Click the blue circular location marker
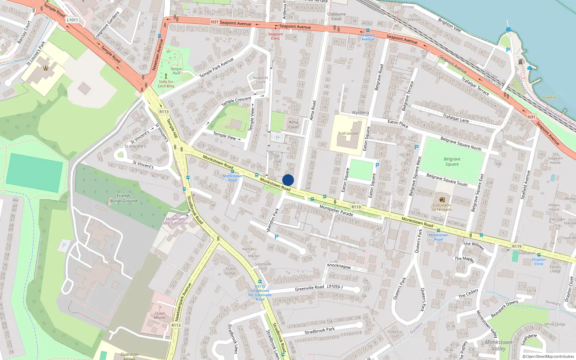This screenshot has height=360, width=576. click(x=288, y=180)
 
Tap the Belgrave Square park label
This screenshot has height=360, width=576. click(x=452, y=161)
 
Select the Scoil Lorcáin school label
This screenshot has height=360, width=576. click(x=348, y=133)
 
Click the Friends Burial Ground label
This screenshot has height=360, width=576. click(x=123, y=198)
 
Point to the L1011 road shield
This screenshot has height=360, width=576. click(x=72, y=20)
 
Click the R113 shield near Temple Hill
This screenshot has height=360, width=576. click(x=164, y=112)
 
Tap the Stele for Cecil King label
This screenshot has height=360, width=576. click(x=166, y=84)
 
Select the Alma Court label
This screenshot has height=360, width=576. click(x=293, y=124)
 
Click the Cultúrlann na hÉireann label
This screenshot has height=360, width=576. click(x=442, y=207)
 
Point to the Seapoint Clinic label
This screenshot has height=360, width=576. click(x=275, y=36)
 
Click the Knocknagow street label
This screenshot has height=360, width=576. click(x=339, y=266)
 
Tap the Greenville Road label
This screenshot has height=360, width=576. click(x=309, y=288)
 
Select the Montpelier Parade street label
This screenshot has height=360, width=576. click(x=336, y=210)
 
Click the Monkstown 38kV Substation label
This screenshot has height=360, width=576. click(x=175, y=221)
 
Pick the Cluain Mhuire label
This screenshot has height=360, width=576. click(x=159, y=315)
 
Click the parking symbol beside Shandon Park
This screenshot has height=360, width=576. click(x=276, y=237)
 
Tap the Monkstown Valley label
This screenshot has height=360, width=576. click(x=499, y=345)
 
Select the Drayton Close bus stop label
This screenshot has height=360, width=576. click(x=539, y=261)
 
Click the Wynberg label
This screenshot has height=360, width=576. click(x=360, y=112)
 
